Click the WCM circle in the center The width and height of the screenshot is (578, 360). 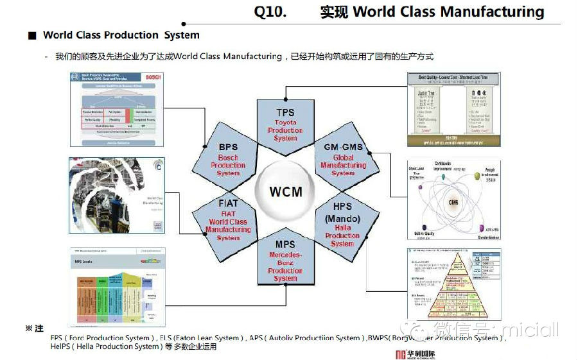285,192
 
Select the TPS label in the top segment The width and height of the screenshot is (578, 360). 285,113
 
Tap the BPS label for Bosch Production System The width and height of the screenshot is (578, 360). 227,147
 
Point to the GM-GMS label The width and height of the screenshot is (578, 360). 343,147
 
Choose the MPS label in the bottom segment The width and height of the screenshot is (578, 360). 285,244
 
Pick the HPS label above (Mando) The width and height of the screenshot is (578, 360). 342,206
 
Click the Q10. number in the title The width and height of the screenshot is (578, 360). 270,12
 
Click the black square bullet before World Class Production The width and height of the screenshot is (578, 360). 31,35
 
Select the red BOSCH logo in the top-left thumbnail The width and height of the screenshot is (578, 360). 153,78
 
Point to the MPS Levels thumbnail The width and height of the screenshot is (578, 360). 117,285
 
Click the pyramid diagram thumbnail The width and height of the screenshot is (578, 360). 453,284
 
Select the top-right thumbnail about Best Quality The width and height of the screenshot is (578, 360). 453,109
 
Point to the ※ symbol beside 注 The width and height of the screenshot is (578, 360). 29,329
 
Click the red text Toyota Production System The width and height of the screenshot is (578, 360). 285,130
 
